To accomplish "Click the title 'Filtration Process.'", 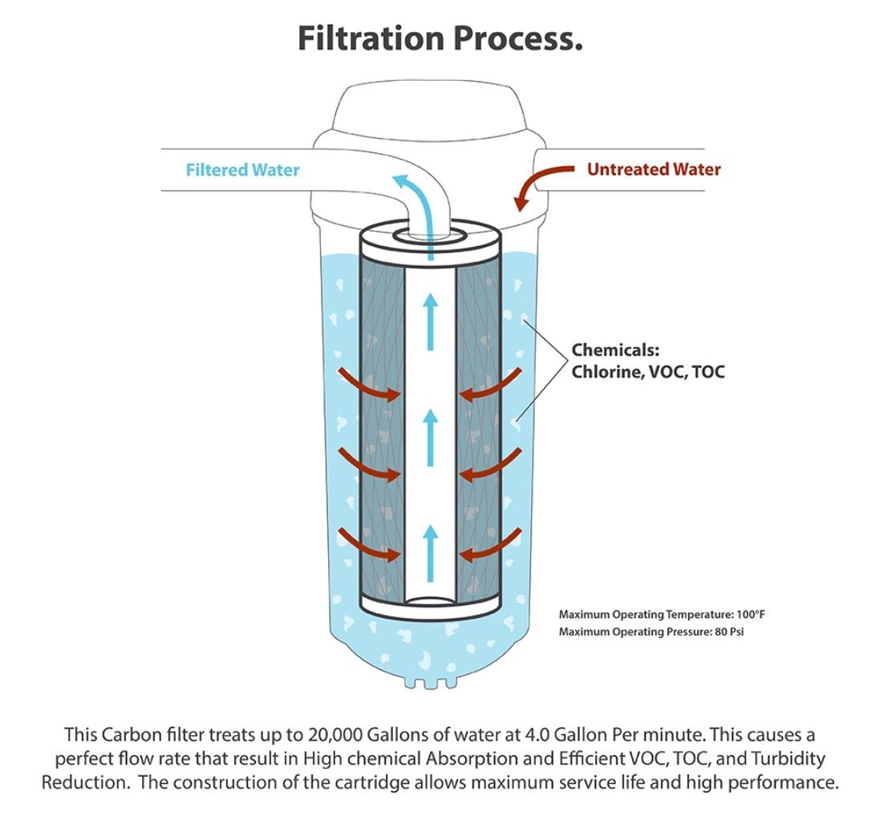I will pyautogui.click(x=440, y=38).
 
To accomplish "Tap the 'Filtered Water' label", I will pyautogui.click(x=242, y=170).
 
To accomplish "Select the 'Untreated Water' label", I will pyautogui.click(x=654, y=169).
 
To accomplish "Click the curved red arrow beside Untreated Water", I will pyautogui.click(x=541, y=184).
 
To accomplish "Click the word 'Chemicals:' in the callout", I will pyautogui.click(x=614, y=350).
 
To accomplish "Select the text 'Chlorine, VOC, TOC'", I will pyautogui.click(x=647, y=373).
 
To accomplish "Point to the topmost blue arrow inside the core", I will pyautogui.click(x=431, y=321).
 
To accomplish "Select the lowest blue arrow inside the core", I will pyautogui.click(x=431, y=553).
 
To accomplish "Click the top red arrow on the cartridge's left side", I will pyautogui.click(x=371, y=385).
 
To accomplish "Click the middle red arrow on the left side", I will pyautogui.click(x=371, y=465).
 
